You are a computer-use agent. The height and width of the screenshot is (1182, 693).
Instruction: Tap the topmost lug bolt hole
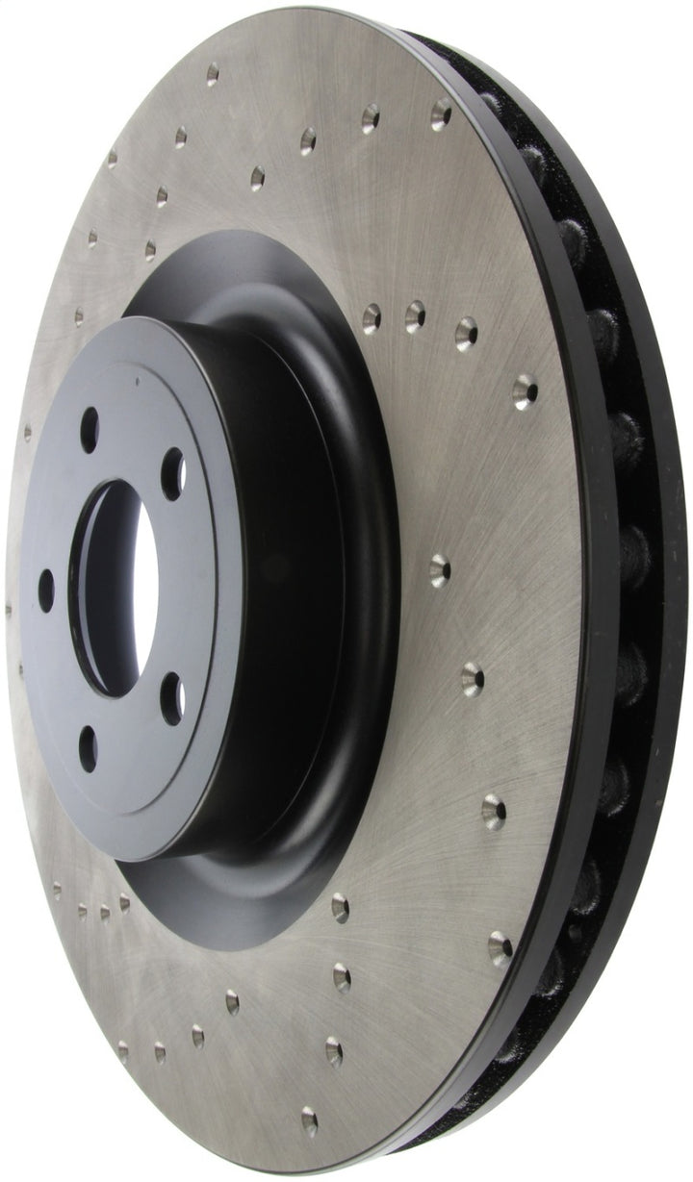tap(90, 423)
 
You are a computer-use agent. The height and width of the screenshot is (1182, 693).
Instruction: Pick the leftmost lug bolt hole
tap(45, 589)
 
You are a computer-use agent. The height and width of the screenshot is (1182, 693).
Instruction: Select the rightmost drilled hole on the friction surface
tap(525, 391)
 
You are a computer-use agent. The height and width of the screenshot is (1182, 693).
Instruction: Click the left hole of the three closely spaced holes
tap(372, 315)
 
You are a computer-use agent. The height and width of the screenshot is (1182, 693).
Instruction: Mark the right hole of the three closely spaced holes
tap(466, 330)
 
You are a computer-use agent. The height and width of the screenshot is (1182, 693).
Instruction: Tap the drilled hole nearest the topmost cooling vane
tap(442, 113)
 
